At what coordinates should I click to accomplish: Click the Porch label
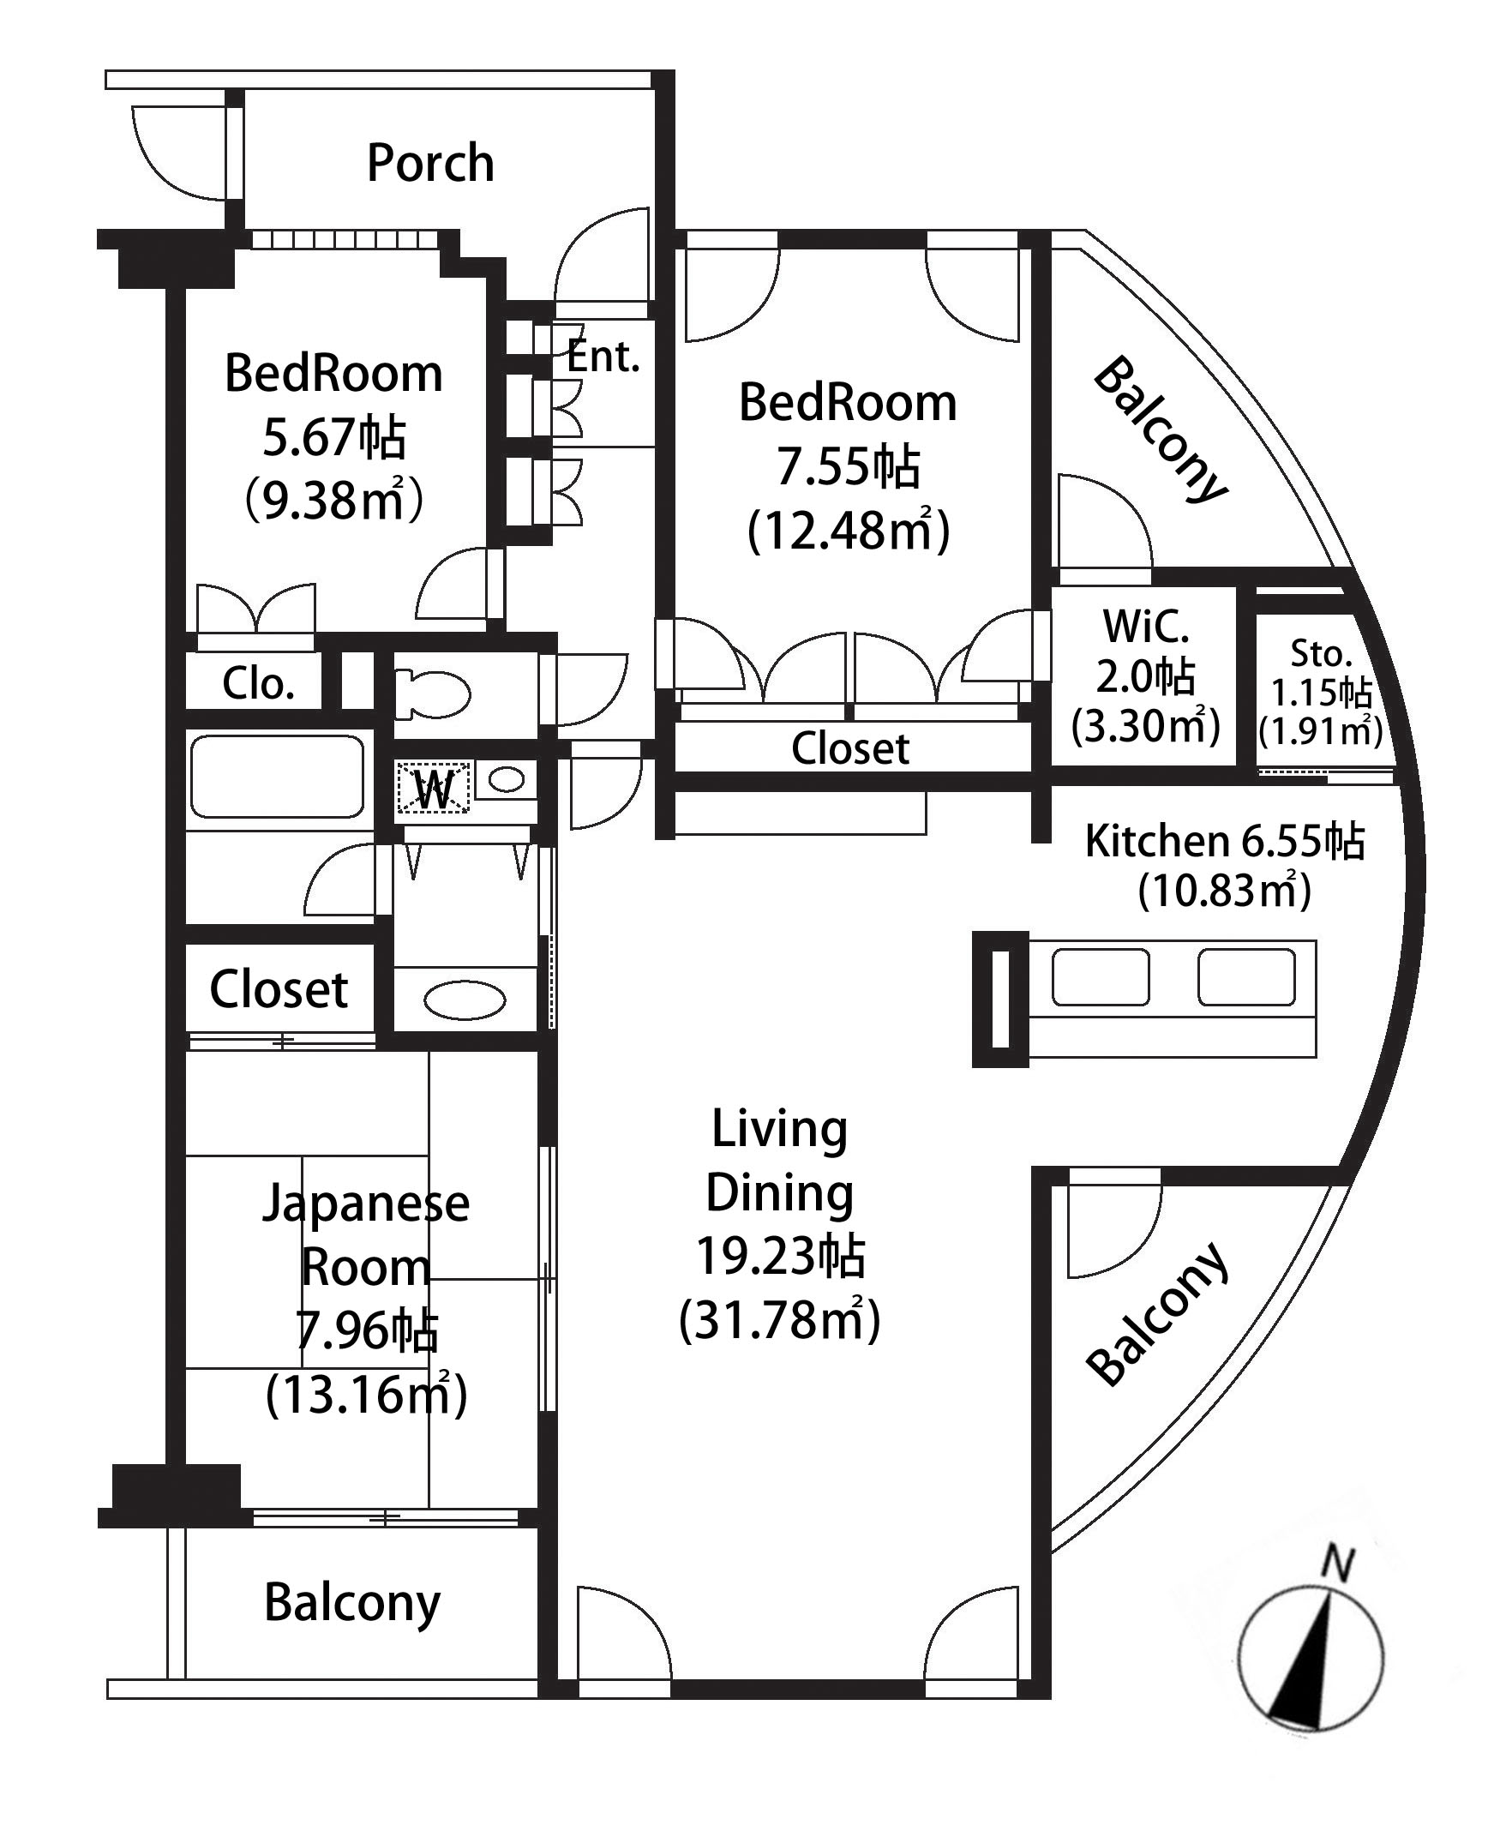pyautogui.click(x=430, y=163)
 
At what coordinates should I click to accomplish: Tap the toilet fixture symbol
pyautogui.click(x=432, y=694)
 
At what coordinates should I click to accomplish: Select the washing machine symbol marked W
pyautogui.click(x=434, y=788)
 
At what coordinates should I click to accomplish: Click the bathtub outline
pyautogui.click(x=277, y=777)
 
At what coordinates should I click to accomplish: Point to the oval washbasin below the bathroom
pyautogui.click(x=465, y=1000)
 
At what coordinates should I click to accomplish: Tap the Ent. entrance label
pyautogui.click(x=603, y=357)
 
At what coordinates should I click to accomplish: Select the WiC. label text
pyautogui.click(x=1145, y=627)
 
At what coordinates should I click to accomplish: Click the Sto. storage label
pyautogui.click(x=1320, y=653)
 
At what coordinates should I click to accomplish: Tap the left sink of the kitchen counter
pyautogui.click(x=1101, y=977)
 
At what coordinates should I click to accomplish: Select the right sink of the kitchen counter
pyautogui.click(x=1246, y=977)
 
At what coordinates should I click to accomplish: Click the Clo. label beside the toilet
pyautogui.click(x=258, y=684)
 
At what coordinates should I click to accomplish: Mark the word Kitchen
pyautogui.click(x=1157, y=842)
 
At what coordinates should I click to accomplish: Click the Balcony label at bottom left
pyautogui.click(x=352, y=1603)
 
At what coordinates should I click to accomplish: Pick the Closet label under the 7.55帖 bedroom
pyautogui.click(x=850, y=748)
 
